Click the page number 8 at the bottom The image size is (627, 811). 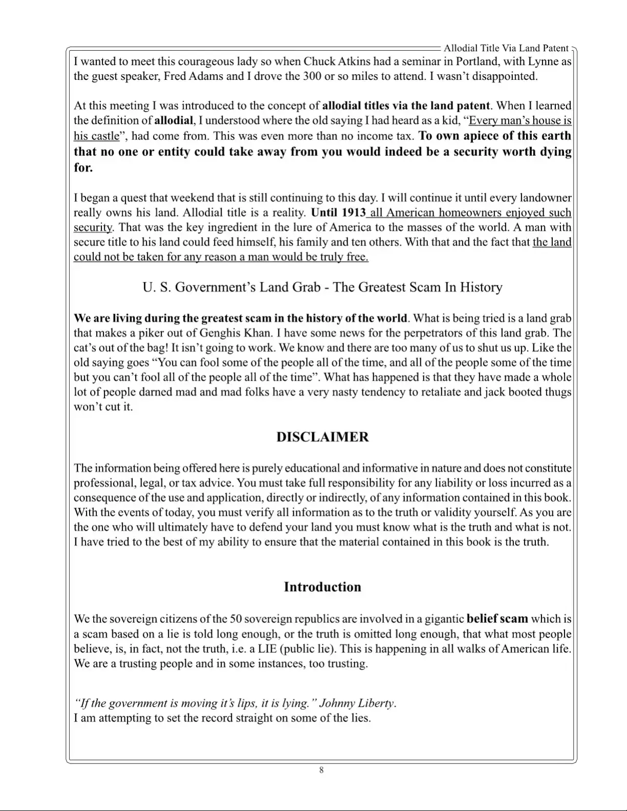pos(321,770)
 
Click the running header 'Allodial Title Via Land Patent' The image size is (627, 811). pos(506,48)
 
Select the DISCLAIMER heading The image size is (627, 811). pos(322,437)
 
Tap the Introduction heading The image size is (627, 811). pos(322,587)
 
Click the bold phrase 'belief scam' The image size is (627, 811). pos(497,619)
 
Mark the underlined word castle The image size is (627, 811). pos(103,136)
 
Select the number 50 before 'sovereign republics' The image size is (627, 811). pos(235,619)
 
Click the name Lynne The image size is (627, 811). pos(543,62)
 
